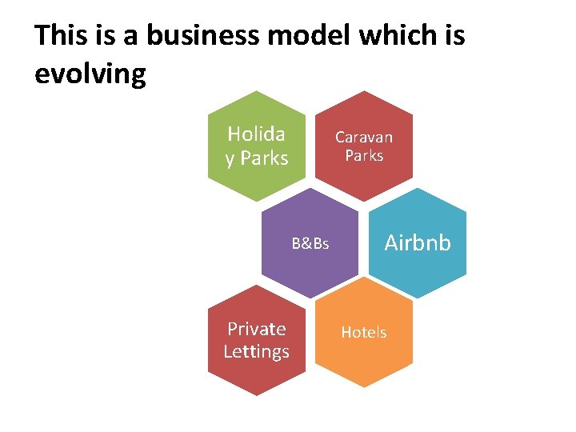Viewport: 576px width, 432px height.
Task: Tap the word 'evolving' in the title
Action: (90, 74)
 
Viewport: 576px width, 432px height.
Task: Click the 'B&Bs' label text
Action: (310, 243)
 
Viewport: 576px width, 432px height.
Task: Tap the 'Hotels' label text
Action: (364, 332)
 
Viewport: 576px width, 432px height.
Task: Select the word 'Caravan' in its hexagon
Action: (364, 138)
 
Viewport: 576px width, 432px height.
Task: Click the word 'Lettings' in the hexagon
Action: (257, 351)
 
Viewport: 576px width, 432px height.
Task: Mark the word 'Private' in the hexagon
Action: (257, 329)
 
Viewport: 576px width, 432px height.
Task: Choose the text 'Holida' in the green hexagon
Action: (257, 134)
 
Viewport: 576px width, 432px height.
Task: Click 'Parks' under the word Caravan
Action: (364, 155)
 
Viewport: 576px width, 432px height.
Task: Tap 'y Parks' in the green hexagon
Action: (257, 158)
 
